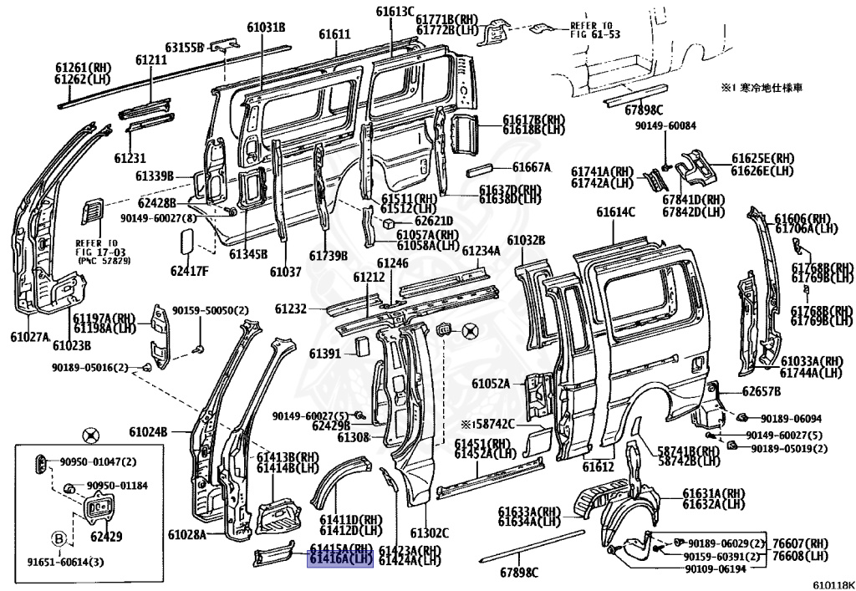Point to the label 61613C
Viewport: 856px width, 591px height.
pyautogui.click(x=395, y=11)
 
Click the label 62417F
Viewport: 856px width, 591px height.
pyautogui.click(x=190, y=270)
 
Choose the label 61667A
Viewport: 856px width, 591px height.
pyautogui.click(x=531, y=167)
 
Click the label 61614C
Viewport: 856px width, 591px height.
pyautogui.click(x=615, y=212)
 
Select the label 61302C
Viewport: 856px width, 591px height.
pyautogui.click(x=429, y=533)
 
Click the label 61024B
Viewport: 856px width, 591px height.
pyautogui.click(x=148, y=431)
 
